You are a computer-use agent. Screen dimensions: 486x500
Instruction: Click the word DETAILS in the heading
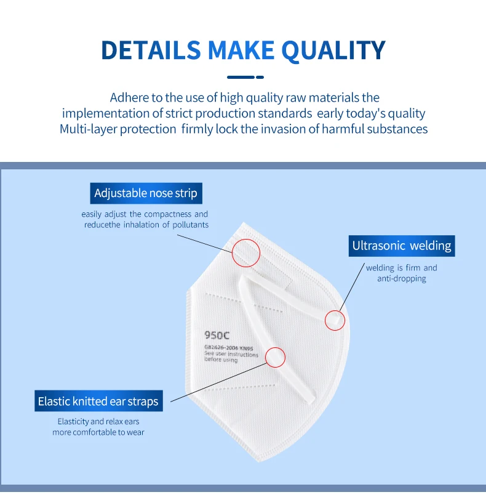(151, 50)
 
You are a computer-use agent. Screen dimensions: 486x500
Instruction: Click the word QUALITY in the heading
(333, 50)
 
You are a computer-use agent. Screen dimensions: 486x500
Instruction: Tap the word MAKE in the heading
(241, 50)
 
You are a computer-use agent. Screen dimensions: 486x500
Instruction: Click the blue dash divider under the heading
(245, 77)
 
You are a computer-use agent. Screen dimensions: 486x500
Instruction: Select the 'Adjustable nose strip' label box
(146, 193)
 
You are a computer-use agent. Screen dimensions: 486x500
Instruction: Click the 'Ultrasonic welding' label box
(401, 246)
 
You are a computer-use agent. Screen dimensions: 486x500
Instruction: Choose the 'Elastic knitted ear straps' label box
(98, 401)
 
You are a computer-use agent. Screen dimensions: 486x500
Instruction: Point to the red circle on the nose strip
(246, 252)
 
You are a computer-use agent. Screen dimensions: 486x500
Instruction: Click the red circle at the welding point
(335, 320)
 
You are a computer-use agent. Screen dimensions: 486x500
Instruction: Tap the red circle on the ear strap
(275, 357)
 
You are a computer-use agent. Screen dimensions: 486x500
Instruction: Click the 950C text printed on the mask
(216, 336)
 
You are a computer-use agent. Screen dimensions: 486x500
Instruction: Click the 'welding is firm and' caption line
(401, 268)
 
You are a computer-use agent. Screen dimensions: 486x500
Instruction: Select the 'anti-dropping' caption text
(401, 279)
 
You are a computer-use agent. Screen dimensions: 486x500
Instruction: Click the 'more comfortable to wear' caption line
(98, 432)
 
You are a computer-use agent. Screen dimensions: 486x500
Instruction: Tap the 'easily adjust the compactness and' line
(145, 214)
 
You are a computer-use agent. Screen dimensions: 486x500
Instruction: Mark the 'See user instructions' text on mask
(231, 355)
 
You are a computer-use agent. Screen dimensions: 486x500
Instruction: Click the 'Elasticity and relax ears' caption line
(98, 422)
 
